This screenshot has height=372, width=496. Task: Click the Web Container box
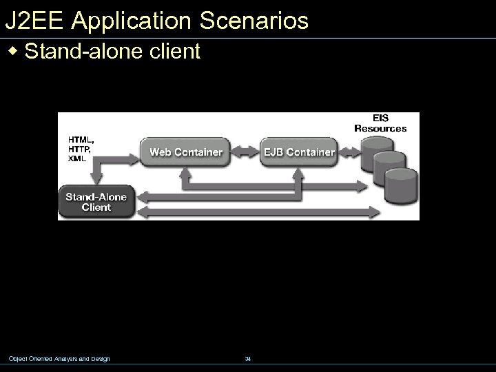click(x=186, y=152)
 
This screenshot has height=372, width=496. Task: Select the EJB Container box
click(x=299, y=152)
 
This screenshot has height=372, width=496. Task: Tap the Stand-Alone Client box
click(x=96, y=201)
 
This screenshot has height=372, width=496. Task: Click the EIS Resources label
click(x=380, y=123)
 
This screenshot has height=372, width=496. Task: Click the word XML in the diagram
click(x=77, y=158)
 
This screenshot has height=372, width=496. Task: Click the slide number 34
click(x=248, y=358)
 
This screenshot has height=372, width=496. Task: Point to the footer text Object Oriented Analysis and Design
click(x=59, y=358)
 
